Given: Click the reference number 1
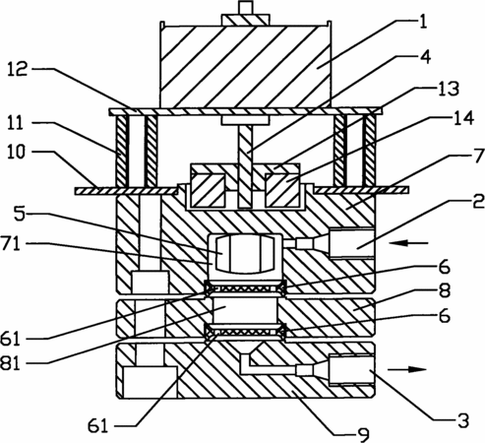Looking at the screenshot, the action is click(423, 23).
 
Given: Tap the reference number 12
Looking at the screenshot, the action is click(18, 70).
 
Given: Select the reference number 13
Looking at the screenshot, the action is click(449, 89).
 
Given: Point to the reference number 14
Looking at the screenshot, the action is click(463, 118).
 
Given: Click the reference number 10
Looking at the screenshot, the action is click(16, 153).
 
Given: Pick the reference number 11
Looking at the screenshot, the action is click(16, 124).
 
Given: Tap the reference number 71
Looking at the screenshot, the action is click(11, 244).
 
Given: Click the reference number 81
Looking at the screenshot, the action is click(11, 363).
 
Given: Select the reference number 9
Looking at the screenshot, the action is click(363, 435).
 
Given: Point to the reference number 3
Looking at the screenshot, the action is click(463, 420).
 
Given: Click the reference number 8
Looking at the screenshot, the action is click(445, 290).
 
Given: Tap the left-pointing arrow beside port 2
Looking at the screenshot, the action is click(408, 243).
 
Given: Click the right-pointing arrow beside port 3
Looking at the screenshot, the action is click(407, 369).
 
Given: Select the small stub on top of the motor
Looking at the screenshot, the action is click(246, 8).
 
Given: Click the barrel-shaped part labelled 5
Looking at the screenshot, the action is click(245, 253).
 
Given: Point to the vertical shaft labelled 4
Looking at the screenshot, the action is click(245, 166).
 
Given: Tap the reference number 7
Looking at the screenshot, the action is click(479, 156).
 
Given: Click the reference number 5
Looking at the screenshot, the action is click(20, 214).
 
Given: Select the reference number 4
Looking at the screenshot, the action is click(425, 57).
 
